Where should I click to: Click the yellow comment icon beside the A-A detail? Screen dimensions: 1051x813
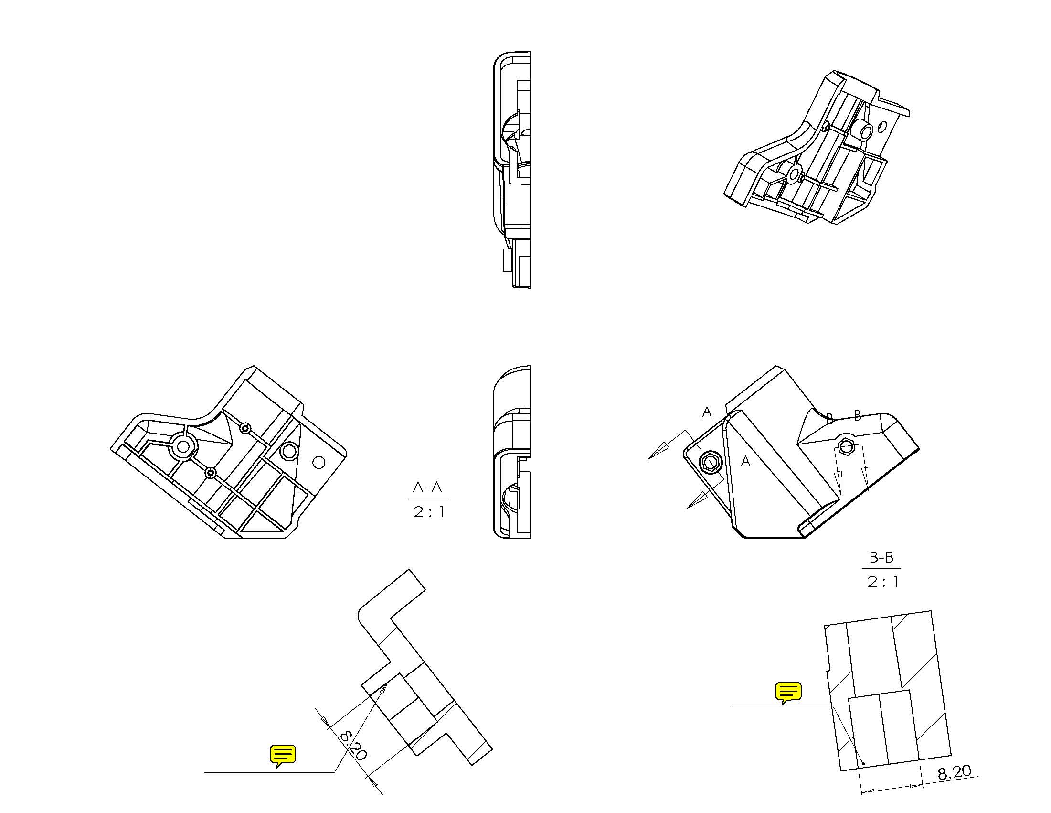283,756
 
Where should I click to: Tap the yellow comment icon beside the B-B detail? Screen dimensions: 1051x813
788,693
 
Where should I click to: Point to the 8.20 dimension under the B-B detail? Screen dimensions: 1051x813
954,772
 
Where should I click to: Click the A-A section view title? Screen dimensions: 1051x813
427,488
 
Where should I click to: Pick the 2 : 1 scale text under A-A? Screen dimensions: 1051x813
428,511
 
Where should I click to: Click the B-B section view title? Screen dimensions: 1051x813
881,557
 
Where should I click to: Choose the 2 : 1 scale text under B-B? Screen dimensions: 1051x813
882,582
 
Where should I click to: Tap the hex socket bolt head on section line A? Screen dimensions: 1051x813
709,463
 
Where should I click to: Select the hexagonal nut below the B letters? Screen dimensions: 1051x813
846,446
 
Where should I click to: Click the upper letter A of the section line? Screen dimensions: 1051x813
706,412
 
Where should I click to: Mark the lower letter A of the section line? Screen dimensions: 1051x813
745,461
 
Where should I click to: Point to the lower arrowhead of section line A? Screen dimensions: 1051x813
696,500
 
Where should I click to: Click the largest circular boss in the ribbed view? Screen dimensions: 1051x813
183,446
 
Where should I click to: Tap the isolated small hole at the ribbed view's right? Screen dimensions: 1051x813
318,462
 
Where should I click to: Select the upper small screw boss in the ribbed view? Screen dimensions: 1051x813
246,428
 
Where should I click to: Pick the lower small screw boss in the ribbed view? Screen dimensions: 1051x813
210,473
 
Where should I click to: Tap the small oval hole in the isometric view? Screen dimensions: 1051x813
882,127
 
